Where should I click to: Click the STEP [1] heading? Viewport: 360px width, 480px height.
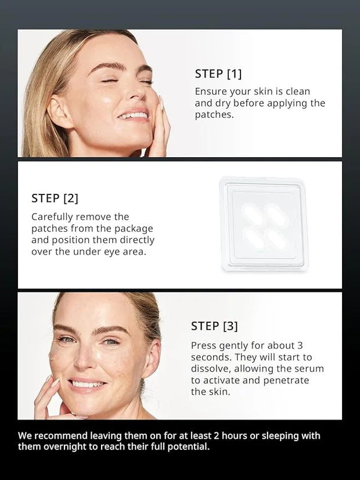point(218,74)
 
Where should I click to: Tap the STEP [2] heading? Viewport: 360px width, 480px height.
point(55,199)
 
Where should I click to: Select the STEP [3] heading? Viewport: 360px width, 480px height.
point(214,326)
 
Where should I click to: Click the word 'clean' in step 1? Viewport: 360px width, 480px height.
point(298,92)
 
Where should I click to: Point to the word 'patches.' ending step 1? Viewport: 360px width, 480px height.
point(214,115)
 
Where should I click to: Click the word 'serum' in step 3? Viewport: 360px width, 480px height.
point(309,369)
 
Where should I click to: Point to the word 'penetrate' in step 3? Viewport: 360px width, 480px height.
point(286,381)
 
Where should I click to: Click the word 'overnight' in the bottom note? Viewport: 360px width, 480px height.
point(65,447)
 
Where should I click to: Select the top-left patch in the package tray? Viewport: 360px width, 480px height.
point(251,215)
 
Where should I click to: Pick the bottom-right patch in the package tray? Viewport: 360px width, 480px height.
point(276,240)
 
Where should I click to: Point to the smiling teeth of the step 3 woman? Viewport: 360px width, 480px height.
point(87,384)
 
